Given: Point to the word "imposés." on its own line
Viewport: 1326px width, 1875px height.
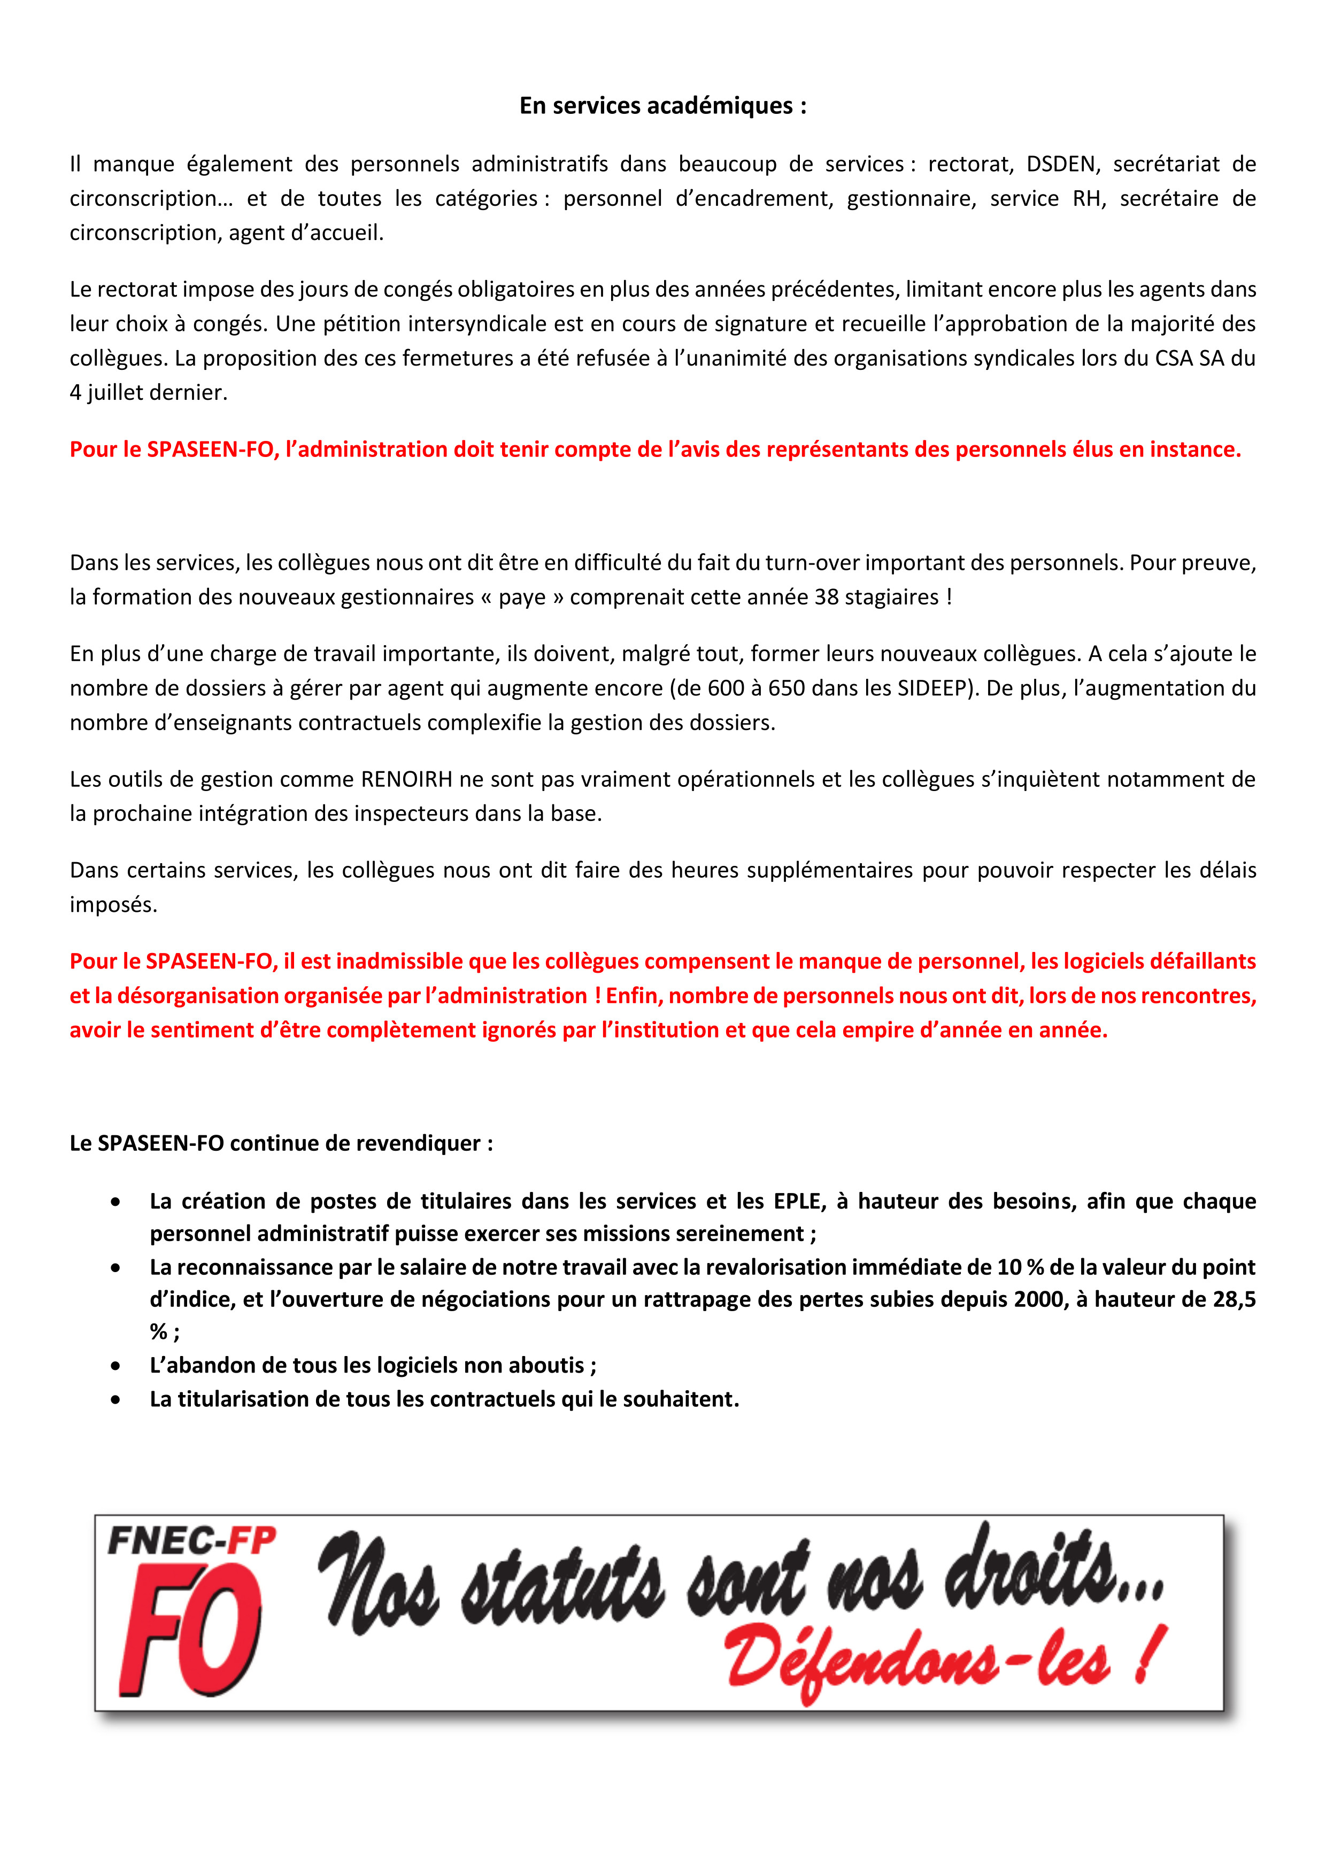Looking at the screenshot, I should pyautogui.click(x=113, y=905).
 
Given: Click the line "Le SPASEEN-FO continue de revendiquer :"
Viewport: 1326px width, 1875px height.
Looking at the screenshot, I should pyautogui.click(x=281, y=1143).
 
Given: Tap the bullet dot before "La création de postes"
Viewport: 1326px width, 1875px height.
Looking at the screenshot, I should pyautogui.click(x=116, y=1202).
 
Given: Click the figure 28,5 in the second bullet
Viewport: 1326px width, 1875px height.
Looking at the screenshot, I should pyautogui.click(x=1234, y=1299).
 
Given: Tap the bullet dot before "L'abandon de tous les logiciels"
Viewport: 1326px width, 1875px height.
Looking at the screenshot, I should pyautogui.click(x=116, y=1366).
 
